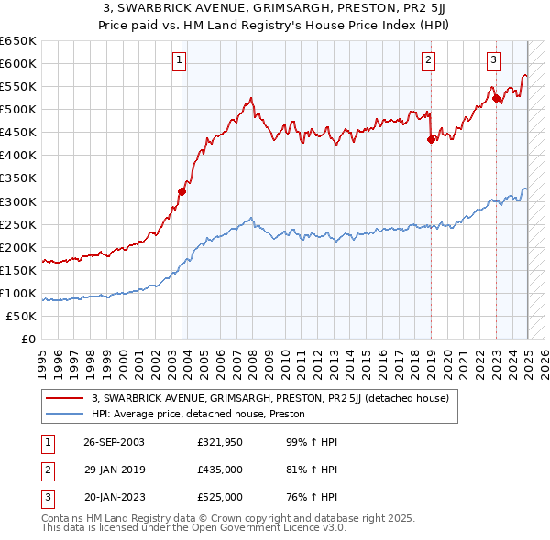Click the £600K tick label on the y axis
[x=18, y=63]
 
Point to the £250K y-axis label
[x=18, y=224]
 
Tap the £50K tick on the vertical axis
[x=22, y=316]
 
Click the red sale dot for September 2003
[x=181, y=191]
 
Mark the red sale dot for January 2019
[x=431, y=139]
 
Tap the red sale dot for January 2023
[x=496, y=98]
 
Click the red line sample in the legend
[x=64, y=398]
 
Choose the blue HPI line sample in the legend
[x=64, y=414]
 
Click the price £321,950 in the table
[x=220, y=442]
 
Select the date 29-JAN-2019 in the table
[x=114, y=470]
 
